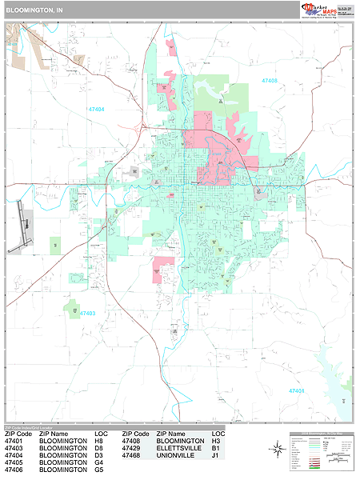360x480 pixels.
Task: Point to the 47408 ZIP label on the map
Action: coord(269,81)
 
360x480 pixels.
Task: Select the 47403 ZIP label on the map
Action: coord(87,314)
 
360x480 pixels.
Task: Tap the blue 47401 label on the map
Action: coord(297,390)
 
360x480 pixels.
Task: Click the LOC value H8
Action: coord(99,440)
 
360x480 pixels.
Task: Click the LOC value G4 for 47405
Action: coord(99,462)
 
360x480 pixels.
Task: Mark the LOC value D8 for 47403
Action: coord(99,447)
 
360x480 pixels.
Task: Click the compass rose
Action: coord(277,449)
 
